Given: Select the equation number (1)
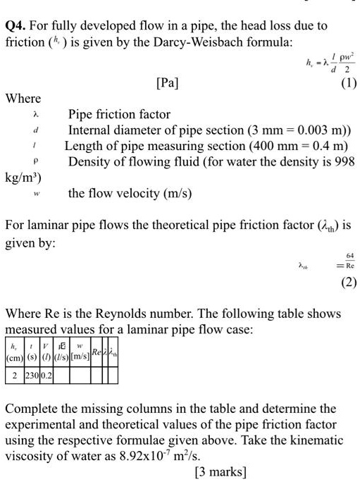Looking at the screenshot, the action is [x=348, y=82].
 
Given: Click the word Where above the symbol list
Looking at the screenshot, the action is [x=23, y=98].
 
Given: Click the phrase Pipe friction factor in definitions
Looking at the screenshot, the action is [x=119, y=114].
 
